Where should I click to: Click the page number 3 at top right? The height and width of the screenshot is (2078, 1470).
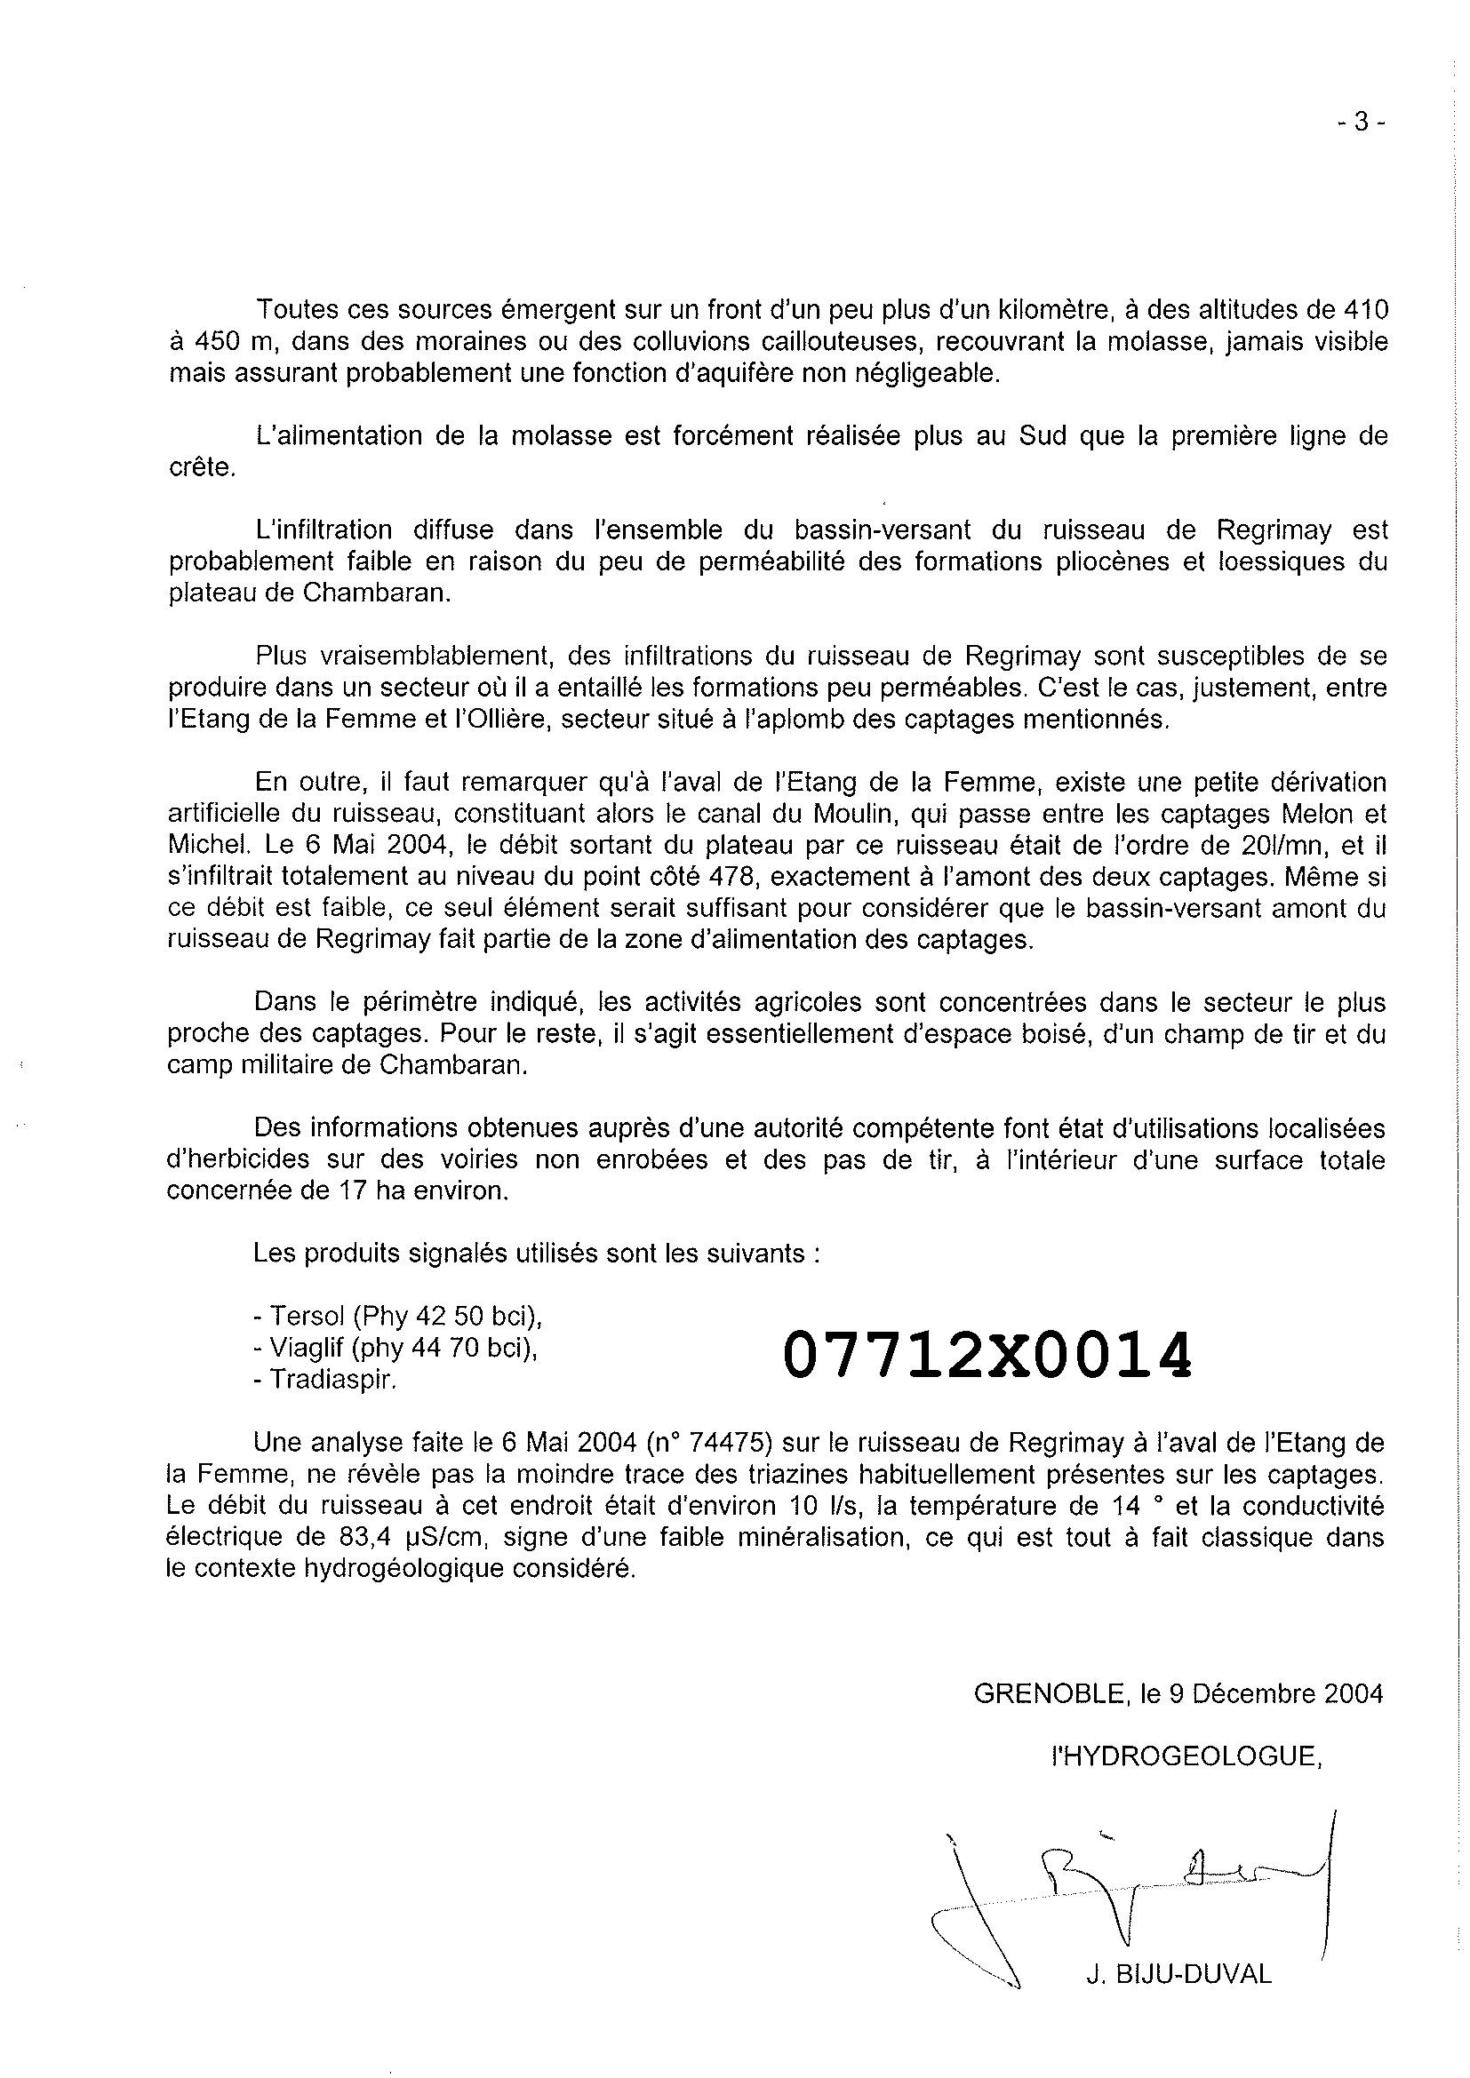[1360, 123]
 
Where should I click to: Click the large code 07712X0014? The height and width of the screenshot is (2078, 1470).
[987, 1354]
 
